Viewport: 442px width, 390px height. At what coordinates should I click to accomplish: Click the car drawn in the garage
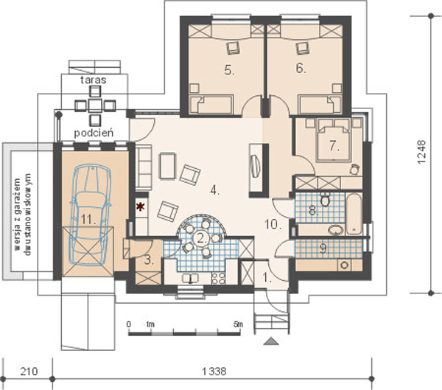coord(90,215)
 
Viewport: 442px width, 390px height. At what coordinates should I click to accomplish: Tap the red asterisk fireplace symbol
coord(140,207)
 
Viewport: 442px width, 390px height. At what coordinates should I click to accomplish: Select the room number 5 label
coord(229,70)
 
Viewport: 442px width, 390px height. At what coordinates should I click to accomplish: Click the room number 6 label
coord(301,68)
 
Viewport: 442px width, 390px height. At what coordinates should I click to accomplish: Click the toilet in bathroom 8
coord(326,200)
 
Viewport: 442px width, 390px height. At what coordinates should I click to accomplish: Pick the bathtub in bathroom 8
coord(354,214)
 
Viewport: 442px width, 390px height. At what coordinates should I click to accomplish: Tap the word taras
coord(94,80)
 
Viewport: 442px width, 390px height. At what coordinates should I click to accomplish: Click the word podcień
coord(94,133)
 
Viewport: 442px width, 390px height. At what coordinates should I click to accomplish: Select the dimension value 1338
coord(214,372)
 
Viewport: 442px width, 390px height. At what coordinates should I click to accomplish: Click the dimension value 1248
coord(421,152)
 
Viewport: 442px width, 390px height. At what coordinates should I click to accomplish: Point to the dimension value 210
coord(29,372)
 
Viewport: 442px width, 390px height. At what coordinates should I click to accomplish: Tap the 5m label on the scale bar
coord(238,324)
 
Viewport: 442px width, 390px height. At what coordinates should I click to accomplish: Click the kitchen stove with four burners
coord(219,278)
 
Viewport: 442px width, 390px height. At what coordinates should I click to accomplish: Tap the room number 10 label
coord(273,224)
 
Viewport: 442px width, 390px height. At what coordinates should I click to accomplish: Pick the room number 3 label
coord(149,260)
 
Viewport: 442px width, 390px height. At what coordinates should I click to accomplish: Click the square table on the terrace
coord(95,105)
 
